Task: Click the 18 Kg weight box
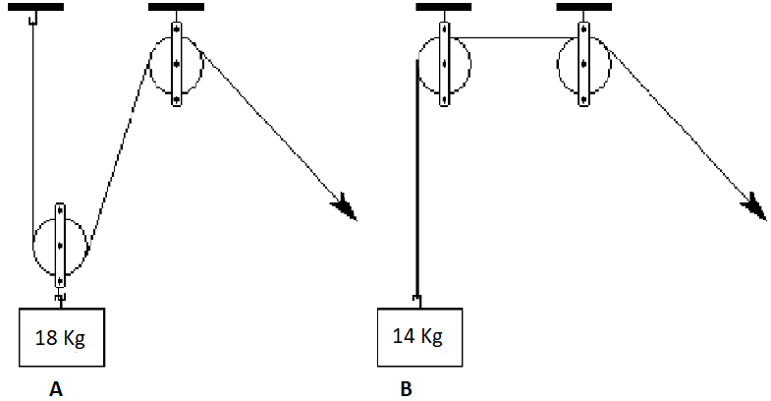62,337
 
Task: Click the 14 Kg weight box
420,337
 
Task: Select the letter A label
56,389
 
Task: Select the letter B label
406,389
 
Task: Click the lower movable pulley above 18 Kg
60,245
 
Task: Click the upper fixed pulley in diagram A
177,64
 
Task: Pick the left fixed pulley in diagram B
444,64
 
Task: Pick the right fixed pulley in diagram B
583,64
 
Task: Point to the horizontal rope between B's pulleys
514,37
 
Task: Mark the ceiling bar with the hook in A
36,7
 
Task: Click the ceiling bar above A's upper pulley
176,7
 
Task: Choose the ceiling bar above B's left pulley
444,7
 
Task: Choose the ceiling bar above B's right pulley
584,7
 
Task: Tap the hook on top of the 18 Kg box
61,298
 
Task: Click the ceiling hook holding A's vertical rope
33,19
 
